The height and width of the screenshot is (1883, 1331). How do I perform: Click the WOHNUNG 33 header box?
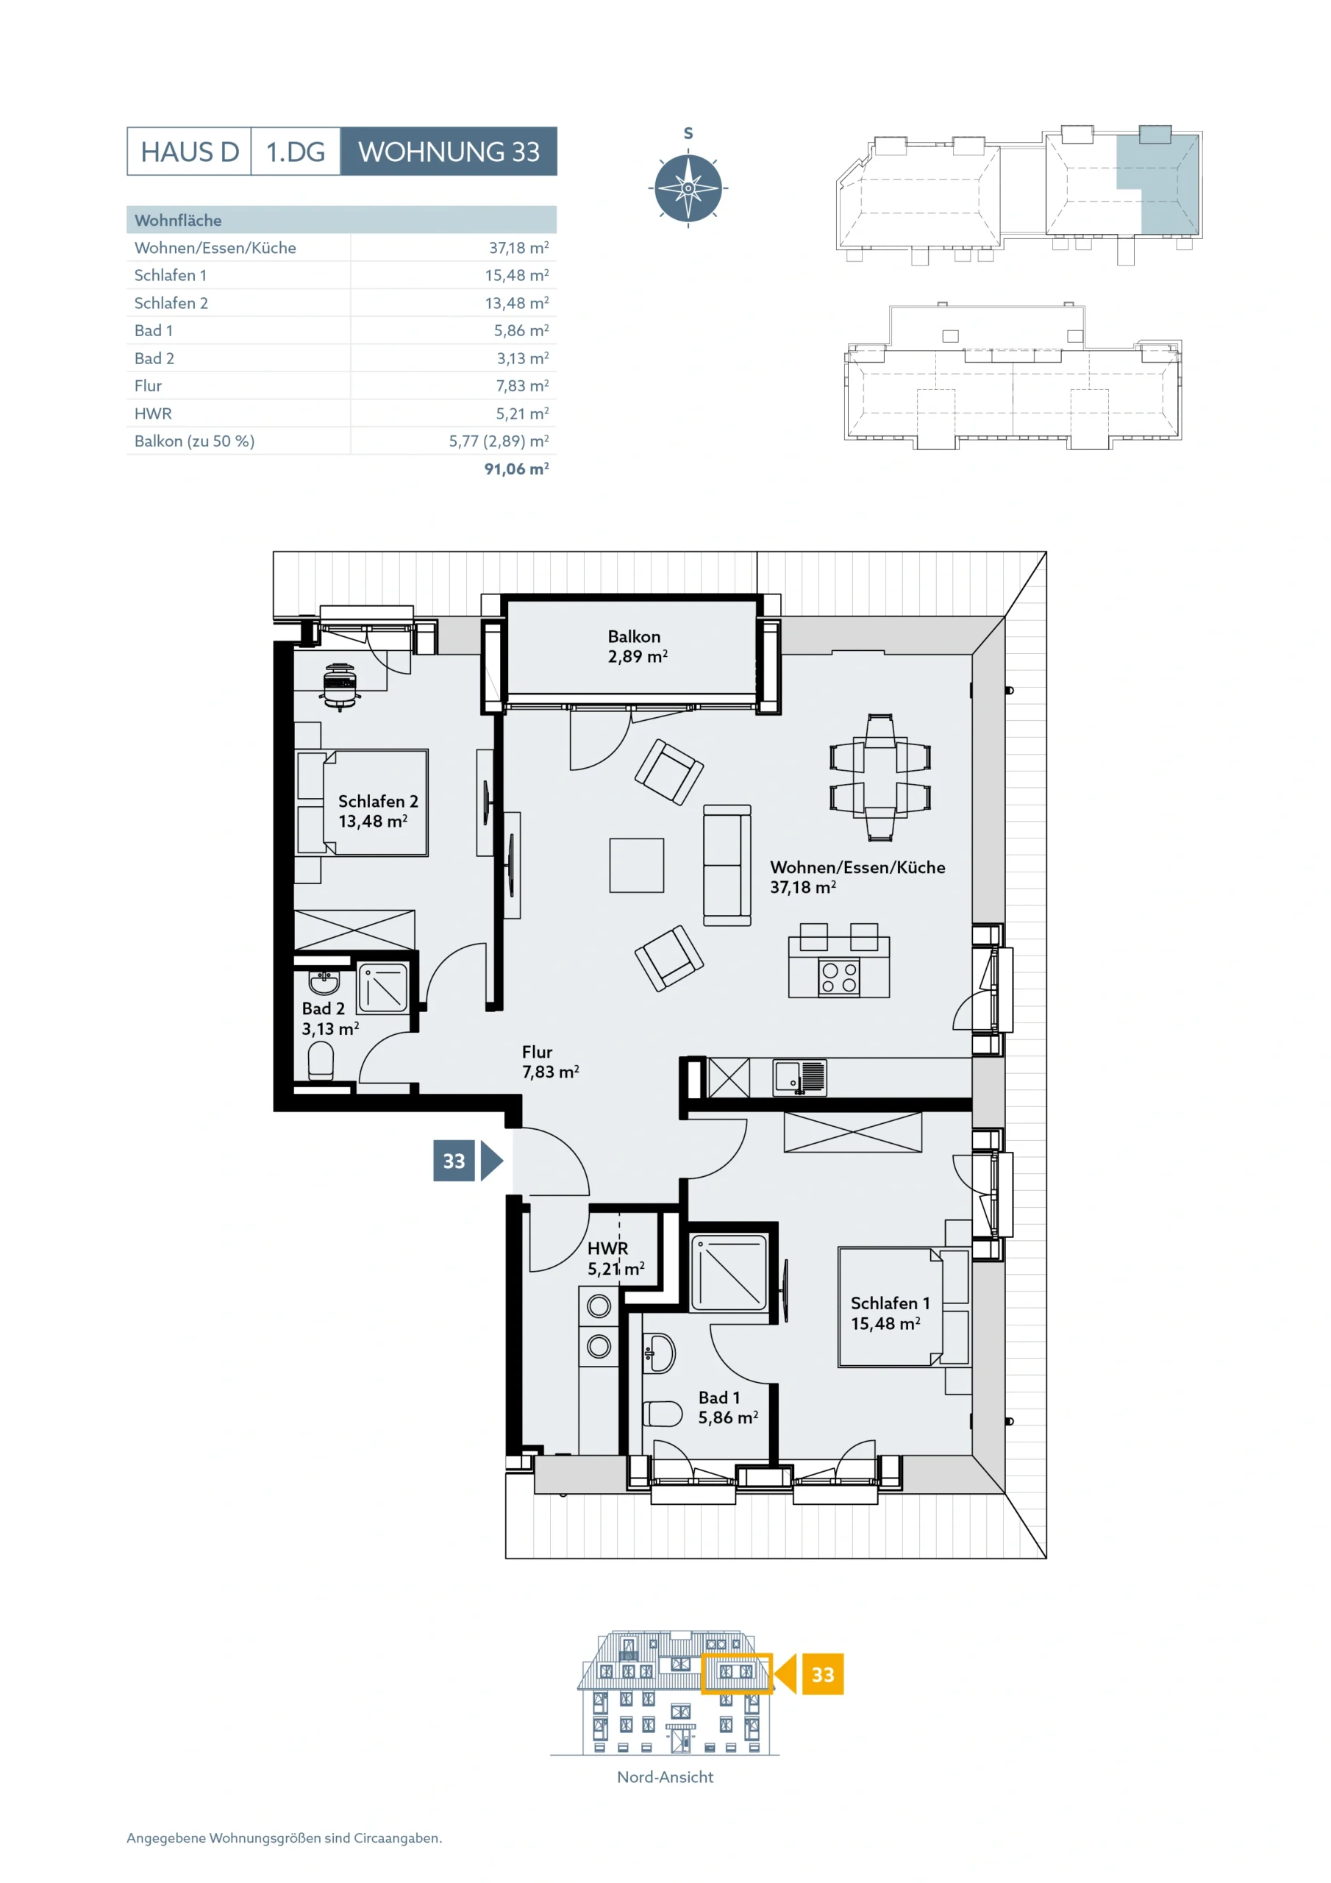point(449,152)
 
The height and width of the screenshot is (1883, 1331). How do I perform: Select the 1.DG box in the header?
point(295,152)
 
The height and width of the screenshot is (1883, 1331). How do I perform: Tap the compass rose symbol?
point(688,188)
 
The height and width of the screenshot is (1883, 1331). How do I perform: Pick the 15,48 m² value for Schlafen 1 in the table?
point(517,276)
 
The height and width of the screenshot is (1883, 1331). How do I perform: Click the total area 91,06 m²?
point(517,469)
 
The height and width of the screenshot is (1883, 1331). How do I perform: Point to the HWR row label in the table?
point(154,414)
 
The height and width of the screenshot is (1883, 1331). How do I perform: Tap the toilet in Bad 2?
point(321,1061)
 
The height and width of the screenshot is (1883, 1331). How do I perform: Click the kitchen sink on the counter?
point(799,1078)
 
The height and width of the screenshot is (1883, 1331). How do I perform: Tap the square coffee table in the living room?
point(636,865)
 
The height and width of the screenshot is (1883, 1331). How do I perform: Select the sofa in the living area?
point(727,865)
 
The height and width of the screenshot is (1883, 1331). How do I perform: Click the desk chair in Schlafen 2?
point(340,686)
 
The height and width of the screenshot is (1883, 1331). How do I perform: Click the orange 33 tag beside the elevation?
point(823,1674)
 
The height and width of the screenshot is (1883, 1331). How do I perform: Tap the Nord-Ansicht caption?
point(665,1777)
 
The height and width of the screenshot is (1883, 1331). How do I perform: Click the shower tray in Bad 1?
point(729,1272)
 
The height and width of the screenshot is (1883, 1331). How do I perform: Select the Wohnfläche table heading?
point(178,220)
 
